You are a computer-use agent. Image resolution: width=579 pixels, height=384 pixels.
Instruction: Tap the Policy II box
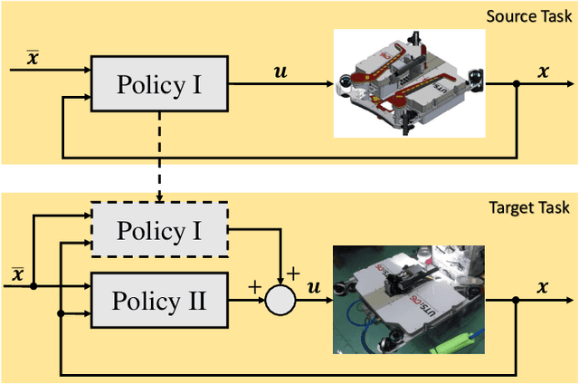click(x=159, y=300)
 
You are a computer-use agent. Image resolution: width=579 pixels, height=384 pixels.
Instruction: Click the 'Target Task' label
click(x=530, y=207)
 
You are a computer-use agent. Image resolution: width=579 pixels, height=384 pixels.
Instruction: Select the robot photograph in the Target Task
click(x=409, y=299)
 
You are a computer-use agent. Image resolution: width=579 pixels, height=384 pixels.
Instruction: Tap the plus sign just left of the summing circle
click(x=254, y=287)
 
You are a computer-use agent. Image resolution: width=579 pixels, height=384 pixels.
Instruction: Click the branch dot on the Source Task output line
click(x=516, y=84)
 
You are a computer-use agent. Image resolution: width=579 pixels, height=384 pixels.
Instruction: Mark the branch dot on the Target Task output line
click(x=516, y=300)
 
